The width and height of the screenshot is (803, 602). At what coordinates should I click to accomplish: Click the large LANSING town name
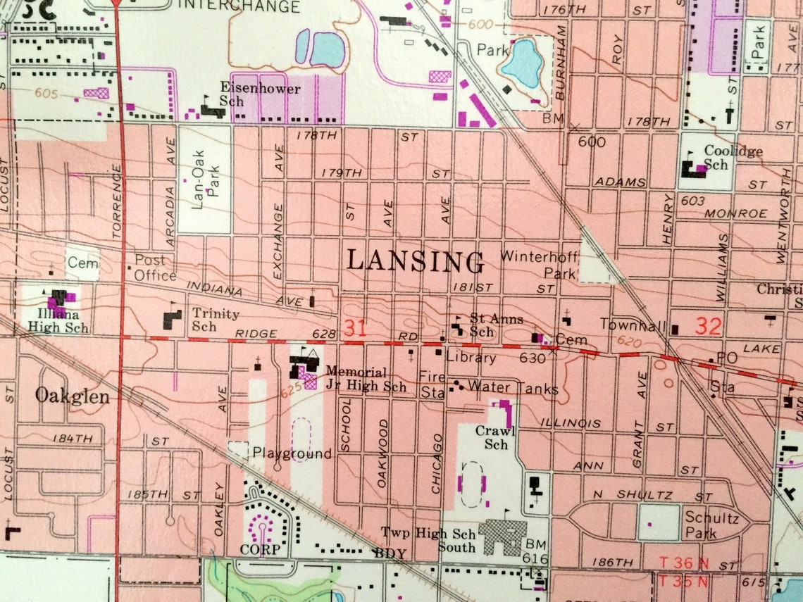click(x=416, y=261)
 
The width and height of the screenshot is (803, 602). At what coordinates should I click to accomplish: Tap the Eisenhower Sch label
click(x=260, y=95)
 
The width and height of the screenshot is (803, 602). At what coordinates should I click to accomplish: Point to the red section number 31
click(x=356, y=327)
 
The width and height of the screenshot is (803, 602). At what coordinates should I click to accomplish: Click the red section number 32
click(x=709, y=325)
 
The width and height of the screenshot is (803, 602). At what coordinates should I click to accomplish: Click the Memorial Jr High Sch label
click(x=356, y=377)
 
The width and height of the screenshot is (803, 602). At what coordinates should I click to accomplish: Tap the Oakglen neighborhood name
click(x=73, y=396)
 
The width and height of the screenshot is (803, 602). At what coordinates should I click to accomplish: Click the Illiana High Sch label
click(x=58, y=321)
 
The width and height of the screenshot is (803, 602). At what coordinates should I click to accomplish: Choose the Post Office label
click(x=155, y=268)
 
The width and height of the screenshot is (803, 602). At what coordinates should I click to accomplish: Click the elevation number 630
click(x=533, y=358)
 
